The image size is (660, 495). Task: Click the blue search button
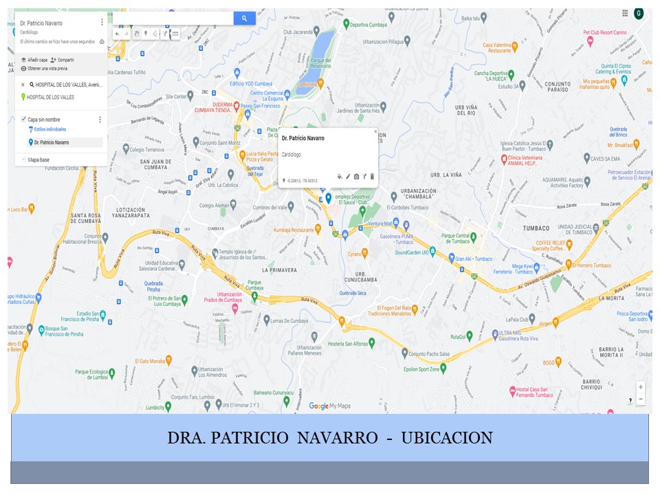(244, 19)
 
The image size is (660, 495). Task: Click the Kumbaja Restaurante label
(293, 230)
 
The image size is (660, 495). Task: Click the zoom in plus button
(641, 387)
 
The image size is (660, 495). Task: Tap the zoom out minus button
(641, 399)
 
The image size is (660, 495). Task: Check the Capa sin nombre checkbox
(23, 119)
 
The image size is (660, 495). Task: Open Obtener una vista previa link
(47, 69)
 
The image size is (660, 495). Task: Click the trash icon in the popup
(372, 177)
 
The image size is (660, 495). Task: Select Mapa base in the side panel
(38, 159)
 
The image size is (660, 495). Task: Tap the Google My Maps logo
(329, 406)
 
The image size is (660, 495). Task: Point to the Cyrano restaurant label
(354, 254)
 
